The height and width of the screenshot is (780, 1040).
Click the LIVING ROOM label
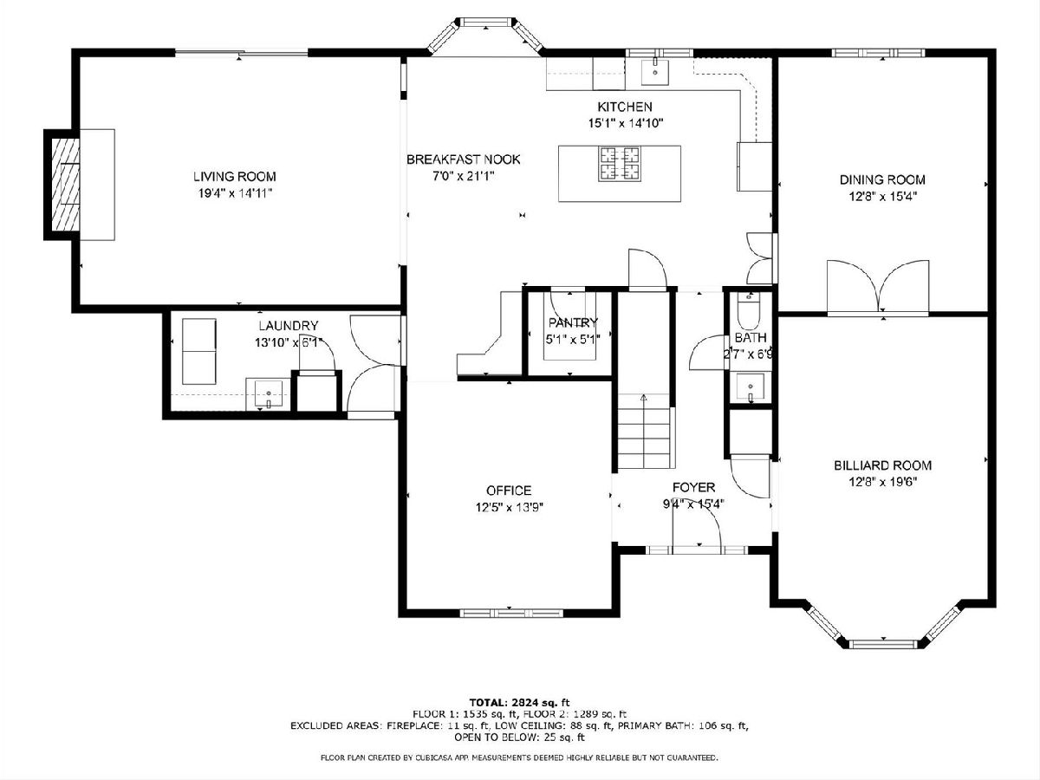(x=235, y=177)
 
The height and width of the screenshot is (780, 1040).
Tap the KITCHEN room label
(x=625, y=107)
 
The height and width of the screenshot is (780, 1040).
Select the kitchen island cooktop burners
(x=620, y=164)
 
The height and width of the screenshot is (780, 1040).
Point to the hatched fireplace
(x=65, y=185)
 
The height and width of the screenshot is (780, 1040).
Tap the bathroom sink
(x=750, y=388)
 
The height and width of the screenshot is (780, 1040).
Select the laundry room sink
(x=268, y=394)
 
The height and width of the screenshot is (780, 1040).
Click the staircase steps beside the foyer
(x=644, y=431)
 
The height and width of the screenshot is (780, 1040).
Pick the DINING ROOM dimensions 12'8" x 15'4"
(x=882, y=196)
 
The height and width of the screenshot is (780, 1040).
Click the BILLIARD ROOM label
(x=882, y=465)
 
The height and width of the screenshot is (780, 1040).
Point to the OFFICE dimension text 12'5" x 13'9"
(x=509, y=507)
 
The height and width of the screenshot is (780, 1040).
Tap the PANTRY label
(x=573, y=322)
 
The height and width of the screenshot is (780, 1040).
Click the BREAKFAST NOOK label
(x=464, y=159)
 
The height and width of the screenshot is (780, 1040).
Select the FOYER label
(x=693, y=487)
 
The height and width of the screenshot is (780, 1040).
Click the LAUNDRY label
(x=288, y=326)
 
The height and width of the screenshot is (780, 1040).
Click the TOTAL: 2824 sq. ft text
(x=519, y=702)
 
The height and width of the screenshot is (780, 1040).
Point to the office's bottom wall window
(x=511, y=614)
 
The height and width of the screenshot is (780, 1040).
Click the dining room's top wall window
(x=878, y=53)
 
